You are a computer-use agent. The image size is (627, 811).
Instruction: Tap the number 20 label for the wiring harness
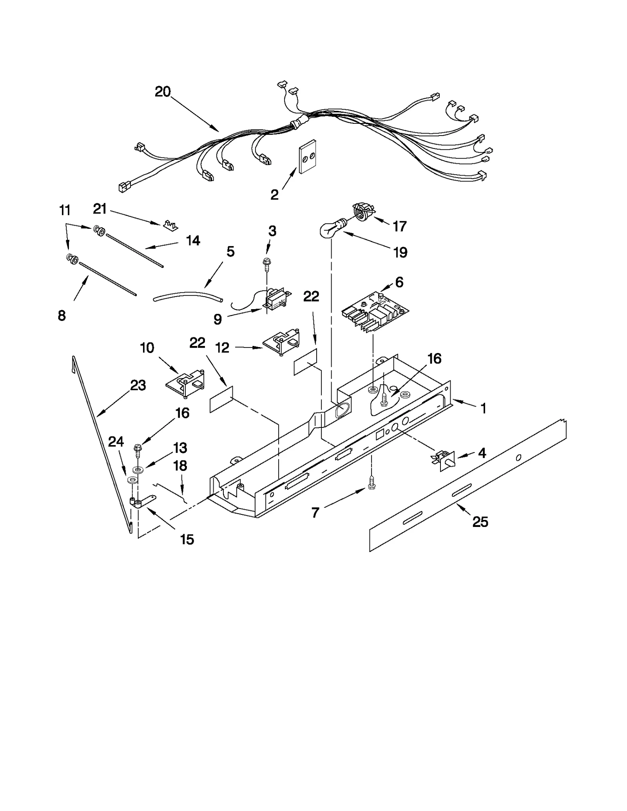click(x=163, y=92)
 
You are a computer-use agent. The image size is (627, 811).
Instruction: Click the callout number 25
click(x=480, y=521)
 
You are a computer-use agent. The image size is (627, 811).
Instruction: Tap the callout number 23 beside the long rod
click(x=138, y=386)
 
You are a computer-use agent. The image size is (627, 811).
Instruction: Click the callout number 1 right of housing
click(x=483, y=409)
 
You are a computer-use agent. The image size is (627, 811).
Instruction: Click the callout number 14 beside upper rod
click(x=193, y=241)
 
